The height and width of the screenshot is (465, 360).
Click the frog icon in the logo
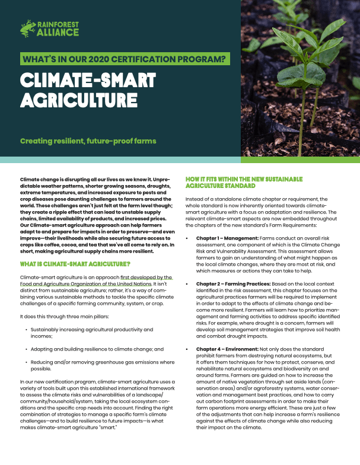point(27,27)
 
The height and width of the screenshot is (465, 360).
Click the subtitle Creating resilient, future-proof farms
point(88,141)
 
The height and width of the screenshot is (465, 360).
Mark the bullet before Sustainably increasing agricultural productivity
point(26,329)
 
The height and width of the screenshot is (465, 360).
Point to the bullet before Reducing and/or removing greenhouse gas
point(26,361)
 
